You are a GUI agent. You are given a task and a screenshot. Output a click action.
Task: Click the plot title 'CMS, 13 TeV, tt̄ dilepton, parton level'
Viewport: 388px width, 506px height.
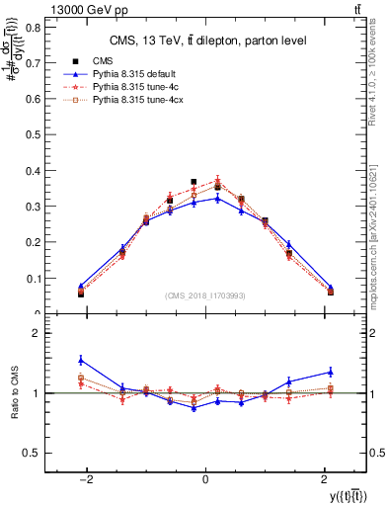204,41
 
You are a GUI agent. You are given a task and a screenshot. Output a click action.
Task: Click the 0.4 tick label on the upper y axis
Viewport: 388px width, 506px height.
35,171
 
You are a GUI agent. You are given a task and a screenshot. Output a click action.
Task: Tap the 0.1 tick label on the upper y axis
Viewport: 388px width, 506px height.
35,279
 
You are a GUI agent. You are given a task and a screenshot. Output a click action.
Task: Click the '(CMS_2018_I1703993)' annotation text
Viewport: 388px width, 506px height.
204,295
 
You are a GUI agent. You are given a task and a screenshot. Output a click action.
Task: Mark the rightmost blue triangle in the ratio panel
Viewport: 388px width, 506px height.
330,372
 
